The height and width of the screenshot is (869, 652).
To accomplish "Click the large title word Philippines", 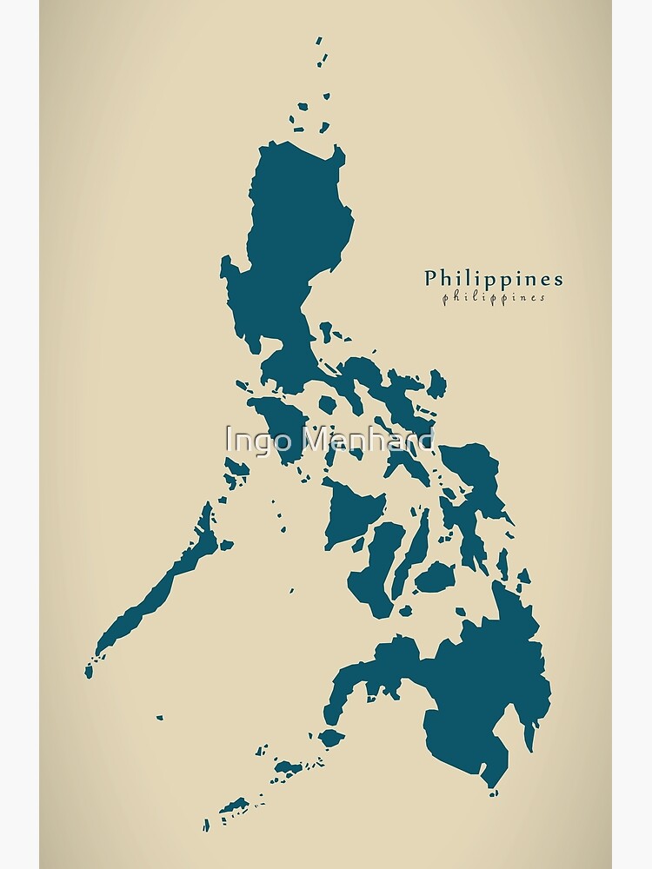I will [493, 279].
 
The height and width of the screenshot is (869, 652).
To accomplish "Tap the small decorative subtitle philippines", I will [493, 297].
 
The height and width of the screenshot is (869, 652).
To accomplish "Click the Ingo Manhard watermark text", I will [329, 440].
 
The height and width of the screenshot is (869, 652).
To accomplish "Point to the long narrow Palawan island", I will [156, 591].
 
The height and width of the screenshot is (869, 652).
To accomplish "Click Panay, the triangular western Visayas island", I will [352, 508].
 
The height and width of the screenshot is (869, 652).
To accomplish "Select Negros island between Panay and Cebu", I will [378, 565].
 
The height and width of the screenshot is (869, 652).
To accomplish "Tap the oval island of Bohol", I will [435, 576].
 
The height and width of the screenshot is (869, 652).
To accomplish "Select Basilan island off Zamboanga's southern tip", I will [331, 739].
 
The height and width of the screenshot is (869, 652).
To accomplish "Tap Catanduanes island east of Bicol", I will [436, 382].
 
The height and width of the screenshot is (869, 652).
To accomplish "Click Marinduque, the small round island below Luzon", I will [328, 404].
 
